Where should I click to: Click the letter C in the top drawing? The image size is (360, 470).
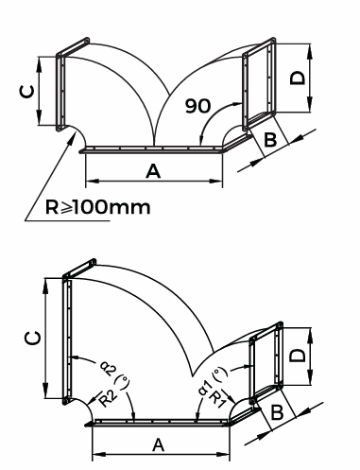[26, 92]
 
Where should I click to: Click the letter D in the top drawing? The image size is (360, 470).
[298, 78]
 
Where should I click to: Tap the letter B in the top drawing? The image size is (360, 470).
[270, 139]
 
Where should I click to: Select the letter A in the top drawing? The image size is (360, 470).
[153, 172]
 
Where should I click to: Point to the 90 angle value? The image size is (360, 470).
[197, 106]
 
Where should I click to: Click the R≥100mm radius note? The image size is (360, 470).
[98, 207]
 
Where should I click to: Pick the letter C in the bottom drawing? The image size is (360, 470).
[33, 338]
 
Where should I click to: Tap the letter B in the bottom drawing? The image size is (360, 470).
[277, 412]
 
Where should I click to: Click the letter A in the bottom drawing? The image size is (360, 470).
[159, 445]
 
